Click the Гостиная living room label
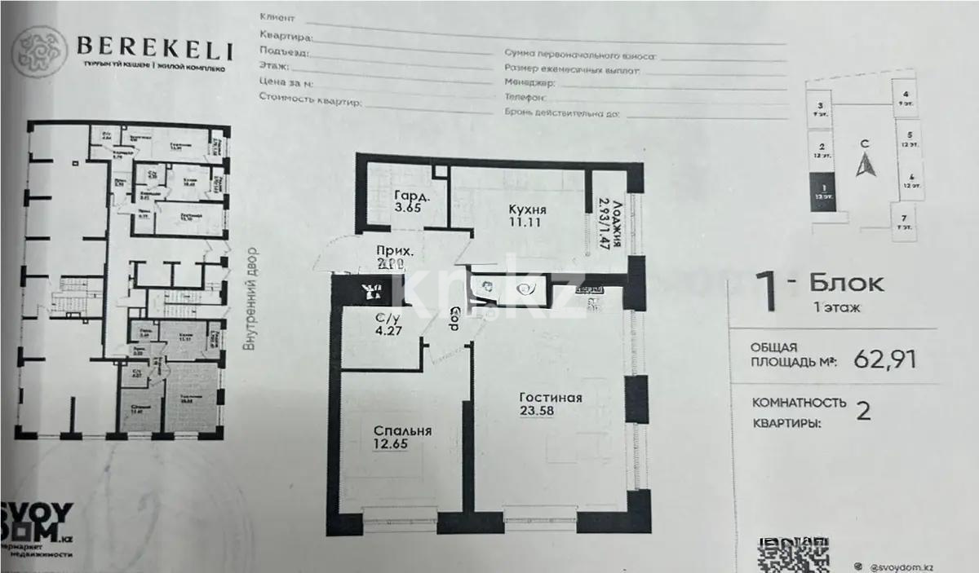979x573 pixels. [x=550, y=398]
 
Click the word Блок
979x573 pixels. [x=845, y=284]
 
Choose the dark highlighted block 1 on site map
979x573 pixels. [x=822, y=195]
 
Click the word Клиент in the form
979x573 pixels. [x=275, y=16]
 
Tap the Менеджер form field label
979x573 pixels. [x=530, y=83]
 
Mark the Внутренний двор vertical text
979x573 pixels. [x=250, y=299]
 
